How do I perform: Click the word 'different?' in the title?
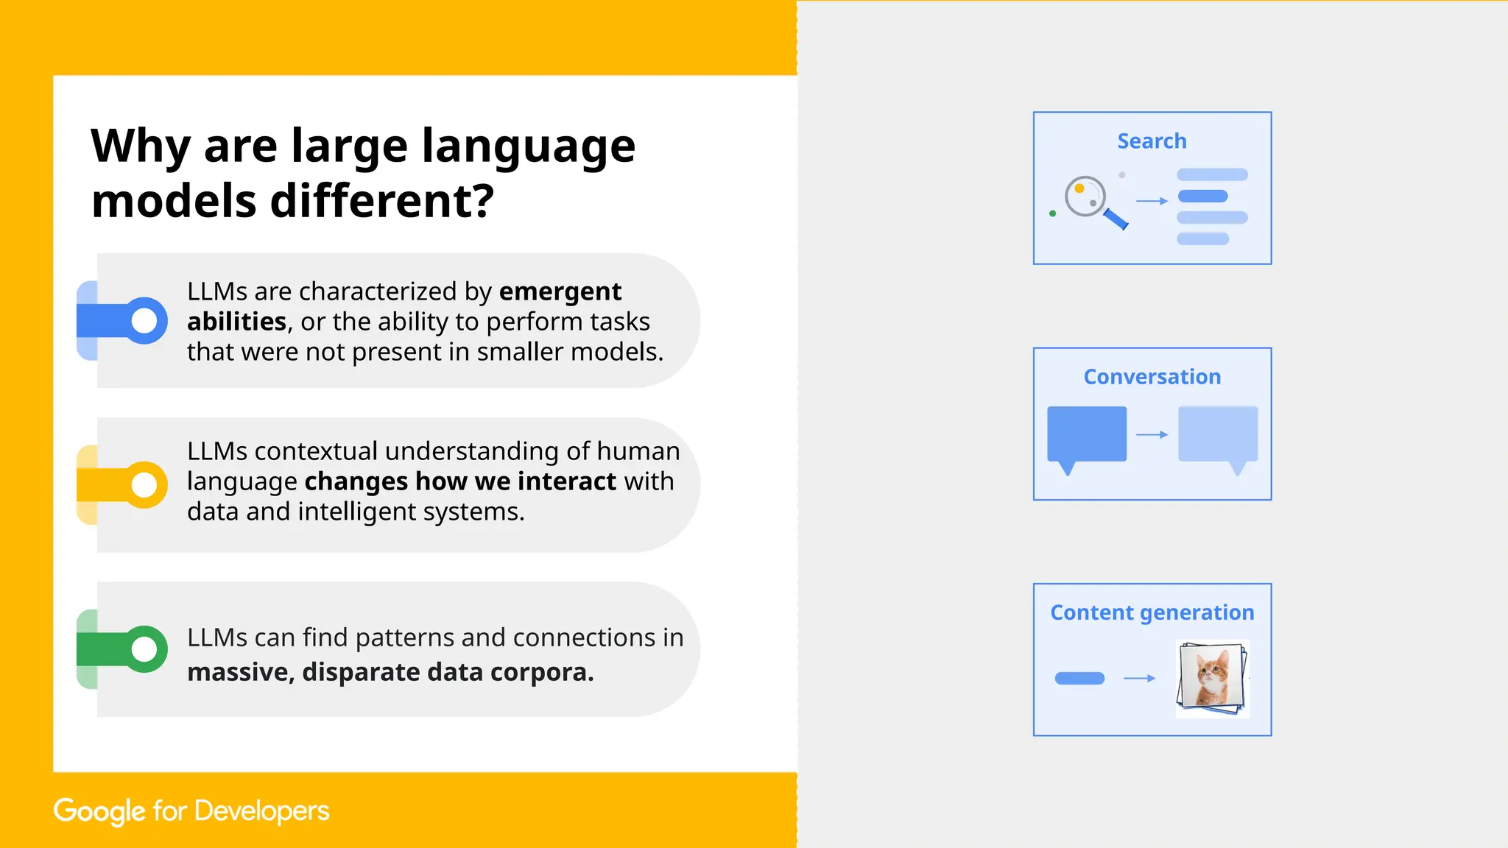coord(381,201)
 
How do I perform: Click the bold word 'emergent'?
coord(560,291)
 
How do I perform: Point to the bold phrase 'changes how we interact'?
coord(460,481)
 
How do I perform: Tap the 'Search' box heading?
coord(1152,141)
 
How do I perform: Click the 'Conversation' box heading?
coord(1152,376)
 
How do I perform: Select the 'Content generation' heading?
coord(1152,612)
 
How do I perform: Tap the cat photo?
coord(1212,677)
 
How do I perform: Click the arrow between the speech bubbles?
coord(1152,434)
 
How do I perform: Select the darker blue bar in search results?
coord(1202,196)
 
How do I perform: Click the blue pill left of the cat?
coord(1079,678)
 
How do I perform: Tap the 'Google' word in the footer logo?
coord(99,810)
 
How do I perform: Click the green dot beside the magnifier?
coord(1052,213)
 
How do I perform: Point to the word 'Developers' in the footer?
coord(261,810)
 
